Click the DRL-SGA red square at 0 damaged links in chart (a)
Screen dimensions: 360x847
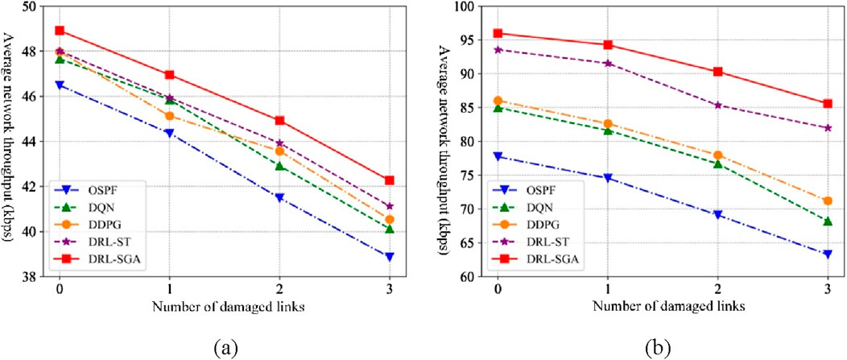pyautogui.click(x=60, y=31)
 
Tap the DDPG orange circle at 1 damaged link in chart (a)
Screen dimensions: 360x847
pyautogui.click(x=170, y=115)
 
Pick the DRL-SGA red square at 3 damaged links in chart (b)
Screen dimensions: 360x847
pyautogui.click(x=828, y=103)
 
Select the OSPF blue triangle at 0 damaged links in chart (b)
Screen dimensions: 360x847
pyautogui.click(x=498, y=156)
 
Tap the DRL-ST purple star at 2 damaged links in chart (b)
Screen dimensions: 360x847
pyautogui.click(x=717, y=105)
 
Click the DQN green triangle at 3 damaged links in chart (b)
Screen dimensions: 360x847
pyautogui.click(x=828, y=221)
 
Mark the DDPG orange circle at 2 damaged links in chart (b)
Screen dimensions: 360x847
pyautogui.click(x=717, y=155)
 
